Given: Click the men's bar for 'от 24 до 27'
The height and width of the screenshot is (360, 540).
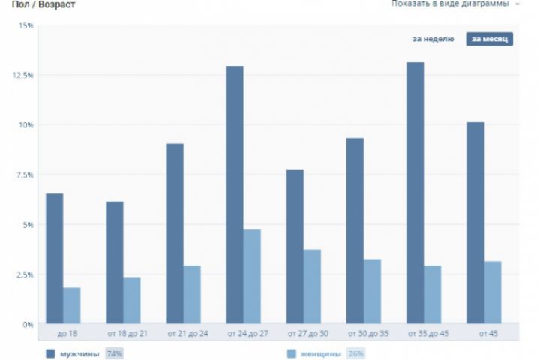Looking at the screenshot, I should [x=235, y=195].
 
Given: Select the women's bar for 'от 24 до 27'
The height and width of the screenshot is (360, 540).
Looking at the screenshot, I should [x=252, y=277].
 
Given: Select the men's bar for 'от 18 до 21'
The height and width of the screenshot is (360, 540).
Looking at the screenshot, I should [x=115, y=262].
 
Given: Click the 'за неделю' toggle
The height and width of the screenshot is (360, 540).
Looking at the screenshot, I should [x=433, y=39].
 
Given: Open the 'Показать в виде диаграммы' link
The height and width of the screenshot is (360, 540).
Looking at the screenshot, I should [x=450, y=4].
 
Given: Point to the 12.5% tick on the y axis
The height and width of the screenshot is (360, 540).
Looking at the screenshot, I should [x=23, y=75].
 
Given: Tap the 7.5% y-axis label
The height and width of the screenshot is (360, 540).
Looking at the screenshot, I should [x=25, y=175].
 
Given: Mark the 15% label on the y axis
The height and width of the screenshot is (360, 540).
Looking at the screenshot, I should [x=26, y=25].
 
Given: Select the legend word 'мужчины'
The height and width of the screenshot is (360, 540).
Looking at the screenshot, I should [x=79, y=353].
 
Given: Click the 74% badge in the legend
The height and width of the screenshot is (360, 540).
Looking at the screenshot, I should [x=114, y=353].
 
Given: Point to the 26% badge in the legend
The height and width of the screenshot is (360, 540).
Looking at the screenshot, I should [x=355, y=353].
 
